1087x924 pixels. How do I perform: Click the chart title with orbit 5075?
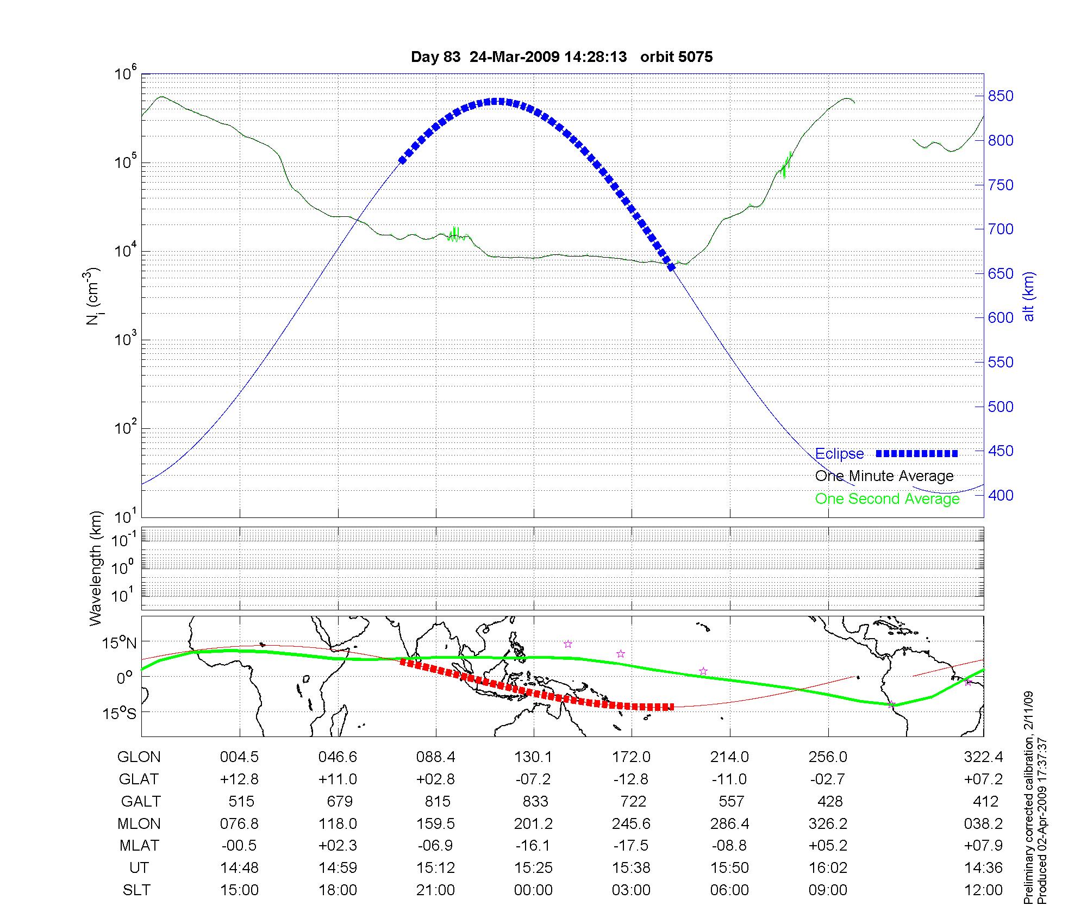tap(561, 57)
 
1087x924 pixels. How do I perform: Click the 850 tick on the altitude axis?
tap(1001, 96)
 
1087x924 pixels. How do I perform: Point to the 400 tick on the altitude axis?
tap(1001, 495)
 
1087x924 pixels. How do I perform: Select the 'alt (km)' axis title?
tap(1029, 296)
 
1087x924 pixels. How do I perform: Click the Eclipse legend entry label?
tap(839, 454)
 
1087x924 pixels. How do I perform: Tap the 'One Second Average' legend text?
tap(887, 499)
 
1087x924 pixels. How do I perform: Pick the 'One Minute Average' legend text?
tap(884, 476)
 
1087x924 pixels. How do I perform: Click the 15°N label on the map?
tap(119, 644)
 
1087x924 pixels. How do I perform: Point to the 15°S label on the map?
tap(119, 713)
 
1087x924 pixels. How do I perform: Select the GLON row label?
tap(139, 757)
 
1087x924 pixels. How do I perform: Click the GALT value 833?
tap(535, 802)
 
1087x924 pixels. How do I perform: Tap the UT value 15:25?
tap(533, 868)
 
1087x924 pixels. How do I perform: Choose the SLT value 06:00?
tap(729, 890)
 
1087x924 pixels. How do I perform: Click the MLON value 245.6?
tap(632, 824)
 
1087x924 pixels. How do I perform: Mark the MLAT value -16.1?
tap(533, 846)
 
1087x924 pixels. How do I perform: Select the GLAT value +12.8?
tap(239, 779)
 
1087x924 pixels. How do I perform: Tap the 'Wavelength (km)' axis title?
tap(96, 568)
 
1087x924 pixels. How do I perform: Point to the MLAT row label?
tap(139, 846)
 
